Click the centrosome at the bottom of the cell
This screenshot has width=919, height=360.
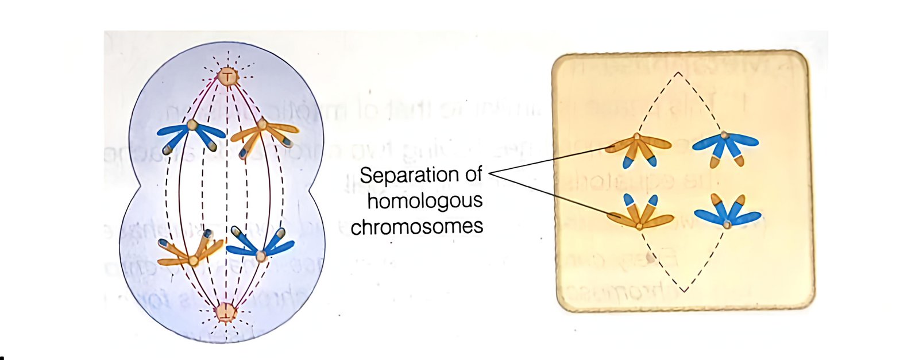(x=226, y=313)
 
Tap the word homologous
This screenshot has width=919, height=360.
(x=424, y=202)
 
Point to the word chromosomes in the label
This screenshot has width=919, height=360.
(x=417, y=226)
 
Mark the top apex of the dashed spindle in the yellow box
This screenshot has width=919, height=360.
(x=678, y=72)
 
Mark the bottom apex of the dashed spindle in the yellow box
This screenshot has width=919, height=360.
(x=684, y=291)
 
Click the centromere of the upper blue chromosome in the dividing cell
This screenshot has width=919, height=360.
(x=192, y=124)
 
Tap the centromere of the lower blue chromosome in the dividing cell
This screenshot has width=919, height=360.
(x=261, y=256)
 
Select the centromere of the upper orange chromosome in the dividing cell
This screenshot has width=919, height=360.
(x=262, y=123)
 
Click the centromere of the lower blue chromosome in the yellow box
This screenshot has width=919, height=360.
(x=727, y=224)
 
